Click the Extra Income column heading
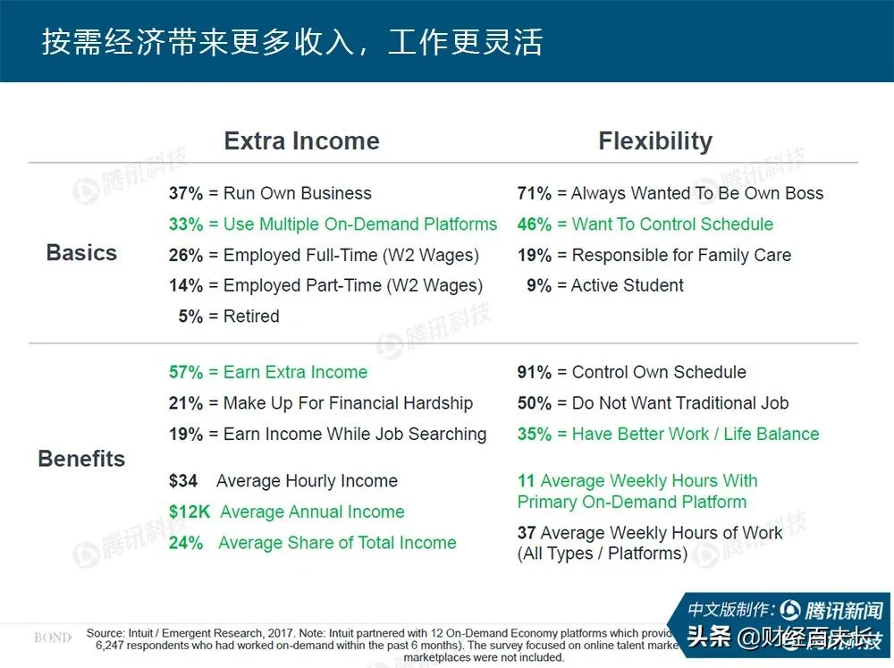[x=301, y=141]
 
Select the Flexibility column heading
[x=655, y=141]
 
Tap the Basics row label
[x=81, y=253]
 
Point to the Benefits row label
[x=81, y=459]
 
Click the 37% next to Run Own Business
[x=186, y=193]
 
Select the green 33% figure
[x=186, y=224]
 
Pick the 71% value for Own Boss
[x=535, y=193]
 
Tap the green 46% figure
[x=535, y=224]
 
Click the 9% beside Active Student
[x=539, y=285]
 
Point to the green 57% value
[x=186, y=373]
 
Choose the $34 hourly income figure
[x=183, y=481]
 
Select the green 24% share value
[x=186, y=543]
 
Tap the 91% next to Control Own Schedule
[x=535, y=373]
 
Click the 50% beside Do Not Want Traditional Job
[x=535, y=403]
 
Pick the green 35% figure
[x=535, y=435]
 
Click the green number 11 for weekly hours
[x=526, y=481]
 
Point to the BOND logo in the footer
[x=53, y=638]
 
